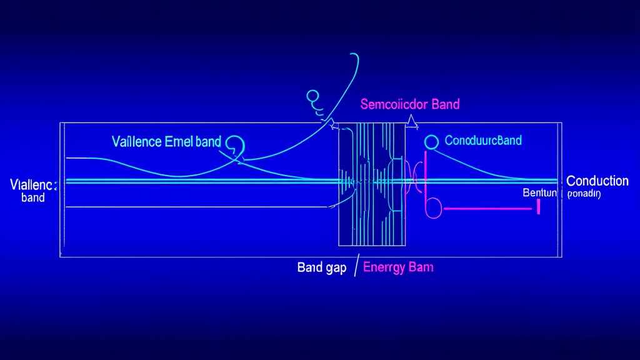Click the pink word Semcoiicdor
[394, 104]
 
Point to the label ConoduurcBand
[482, 141]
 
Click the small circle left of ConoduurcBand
[431, 142]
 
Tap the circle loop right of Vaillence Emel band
[236, 146]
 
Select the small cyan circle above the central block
[312, 96]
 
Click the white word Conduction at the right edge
[597, 181]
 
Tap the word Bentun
[539, 194]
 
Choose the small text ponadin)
[584, 194]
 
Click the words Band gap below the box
[322, 267]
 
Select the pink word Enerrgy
[383, 267]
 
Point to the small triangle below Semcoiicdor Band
[411, 122]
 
